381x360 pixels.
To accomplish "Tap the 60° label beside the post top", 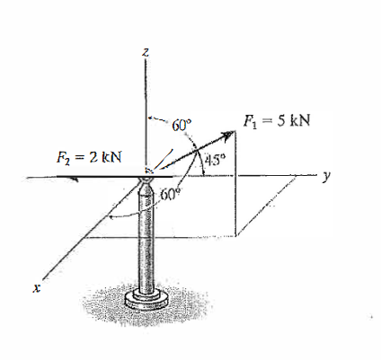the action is pos(171,194).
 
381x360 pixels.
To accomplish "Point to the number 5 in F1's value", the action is pos(282,121).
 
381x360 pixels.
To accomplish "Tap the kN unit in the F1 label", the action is pos(299,121).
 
